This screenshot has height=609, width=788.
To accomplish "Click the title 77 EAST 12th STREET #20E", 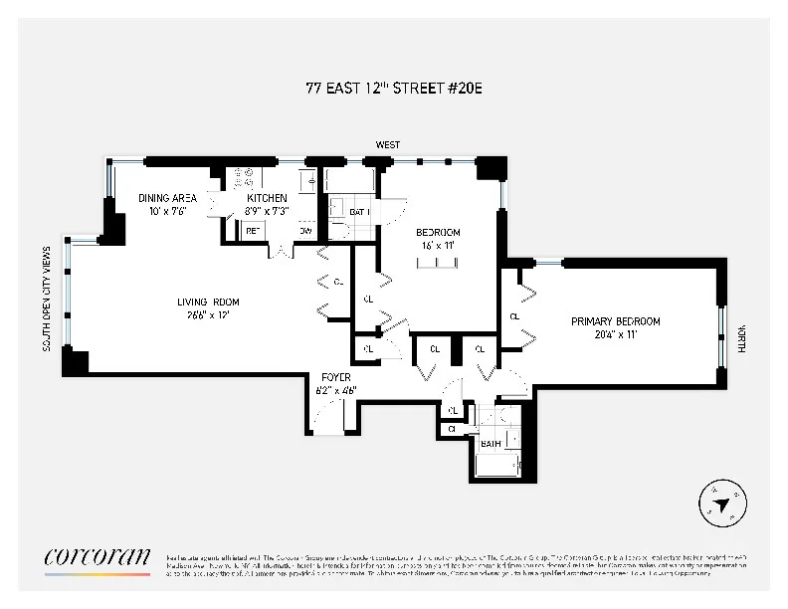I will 394,88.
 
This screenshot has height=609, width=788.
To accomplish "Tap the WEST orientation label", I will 388,145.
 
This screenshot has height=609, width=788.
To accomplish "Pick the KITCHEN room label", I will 267,198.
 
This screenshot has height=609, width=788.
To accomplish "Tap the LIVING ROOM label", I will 208,303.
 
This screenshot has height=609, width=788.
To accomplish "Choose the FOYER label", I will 333,377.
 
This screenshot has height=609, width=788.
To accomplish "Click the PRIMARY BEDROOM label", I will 615,321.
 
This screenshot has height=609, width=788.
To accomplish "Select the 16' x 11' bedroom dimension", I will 438,244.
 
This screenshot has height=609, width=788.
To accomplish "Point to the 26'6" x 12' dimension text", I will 208,315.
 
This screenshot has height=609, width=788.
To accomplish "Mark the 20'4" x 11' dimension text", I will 615,334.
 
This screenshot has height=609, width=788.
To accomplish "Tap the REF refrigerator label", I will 253,231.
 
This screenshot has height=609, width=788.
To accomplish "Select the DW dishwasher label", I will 305,231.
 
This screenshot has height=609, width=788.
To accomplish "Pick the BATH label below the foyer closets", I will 491,444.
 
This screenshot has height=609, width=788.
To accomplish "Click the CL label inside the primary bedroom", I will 514,316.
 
